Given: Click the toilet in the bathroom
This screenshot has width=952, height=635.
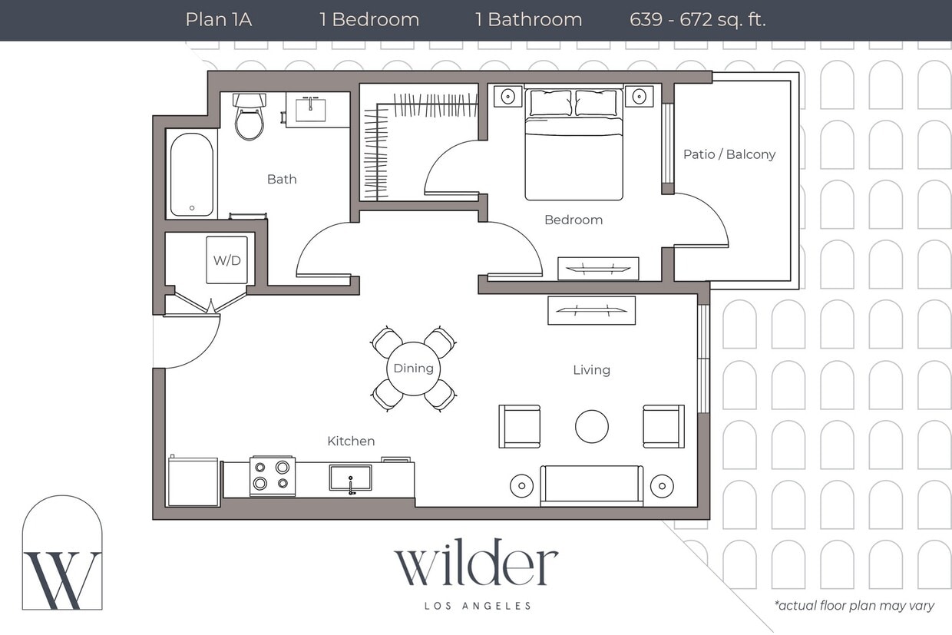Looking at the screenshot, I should (249, 119).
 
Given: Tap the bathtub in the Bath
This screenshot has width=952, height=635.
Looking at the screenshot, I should (191, 175).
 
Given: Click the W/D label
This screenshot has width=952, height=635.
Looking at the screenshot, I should (226, 260).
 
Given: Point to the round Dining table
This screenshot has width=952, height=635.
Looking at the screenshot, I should (414, 369).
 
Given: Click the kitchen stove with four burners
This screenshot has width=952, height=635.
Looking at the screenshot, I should (273, 475).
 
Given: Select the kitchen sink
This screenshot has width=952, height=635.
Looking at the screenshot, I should (351, 478).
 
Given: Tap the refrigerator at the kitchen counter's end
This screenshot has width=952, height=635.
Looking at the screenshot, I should (193, 481).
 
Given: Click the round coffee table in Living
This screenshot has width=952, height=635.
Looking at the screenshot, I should (592, 426).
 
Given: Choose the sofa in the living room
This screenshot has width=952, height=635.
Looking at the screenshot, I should (592, 485).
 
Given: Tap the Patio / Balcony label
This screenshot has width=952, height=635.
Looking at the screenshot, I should (729, 154).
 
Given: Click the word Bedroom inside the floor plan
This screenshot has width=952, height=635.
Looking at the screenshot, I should (574, 220).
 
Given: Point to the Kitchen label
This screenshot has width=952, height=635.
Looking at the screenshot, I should (351, 441).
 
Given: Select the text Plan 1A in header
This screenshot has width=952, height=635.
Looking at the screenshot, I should (219, 19).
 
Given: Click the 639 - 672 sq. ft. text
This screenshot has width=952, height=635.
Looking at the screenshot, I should (697, 19).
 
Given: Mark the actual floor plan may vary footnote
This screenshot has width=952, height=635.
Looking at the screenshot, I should (854, 606).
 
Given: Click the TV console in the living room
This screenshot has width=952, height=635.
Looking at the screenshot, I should (591, 310).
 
